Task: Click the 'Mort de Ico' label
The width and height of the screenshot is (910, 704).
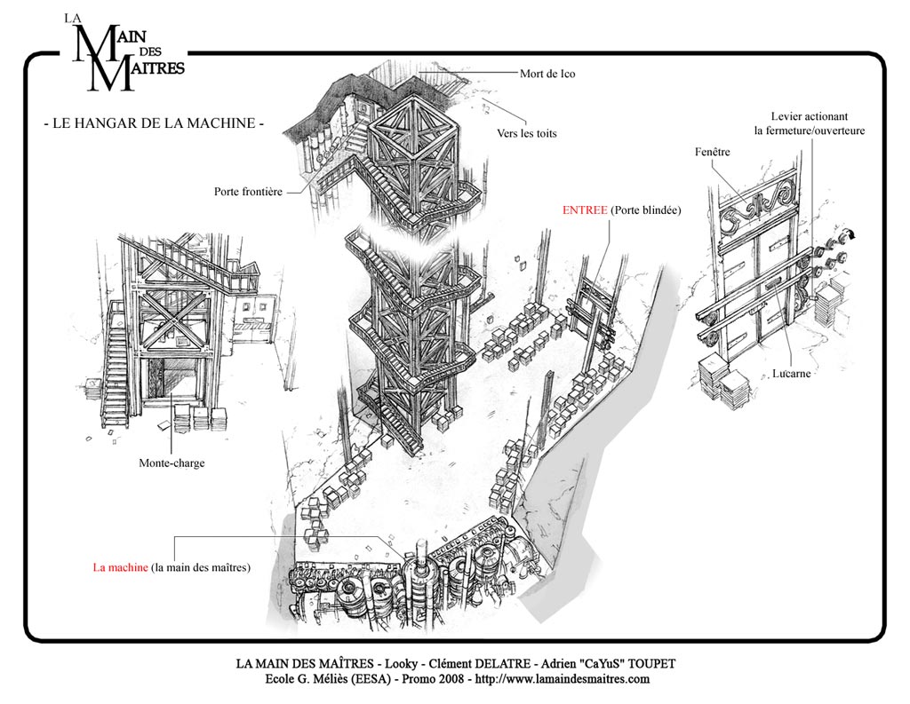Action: point(547,74)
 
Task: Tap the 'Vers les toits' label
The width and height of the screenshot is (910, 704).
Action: point(526,133)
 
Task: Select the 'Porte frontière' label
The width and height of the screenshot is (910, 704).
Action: point(248,192)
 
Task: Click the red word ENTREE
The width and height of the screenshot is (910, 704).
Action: point(585,210)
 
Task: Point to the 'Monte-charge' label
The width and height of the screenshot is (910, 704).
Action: point(172,463)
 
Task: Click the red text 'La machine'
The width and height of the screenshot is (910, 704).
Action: point(120,567)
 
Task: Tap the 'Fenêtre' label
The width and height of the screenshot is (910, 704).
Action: point(712,152)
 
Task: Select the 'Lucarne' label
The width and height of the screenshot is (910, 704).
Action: point(791,374)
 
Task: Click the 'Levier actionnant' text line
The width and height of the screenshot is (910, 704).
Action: point(809,116)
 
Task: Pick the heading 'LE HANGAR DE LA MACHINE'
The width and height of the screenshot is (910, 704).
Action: point(154,123)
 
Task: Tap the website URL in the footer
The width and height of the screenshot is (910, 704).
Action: point(562,679)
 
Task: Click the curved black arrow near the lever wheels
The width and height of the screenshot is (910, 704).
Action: point(850,233)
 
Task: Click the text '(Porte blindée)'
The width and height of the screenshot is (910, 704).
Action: point(646,210)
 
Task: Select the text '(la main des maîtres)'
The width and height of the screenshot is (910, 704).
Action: point(201,567)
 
